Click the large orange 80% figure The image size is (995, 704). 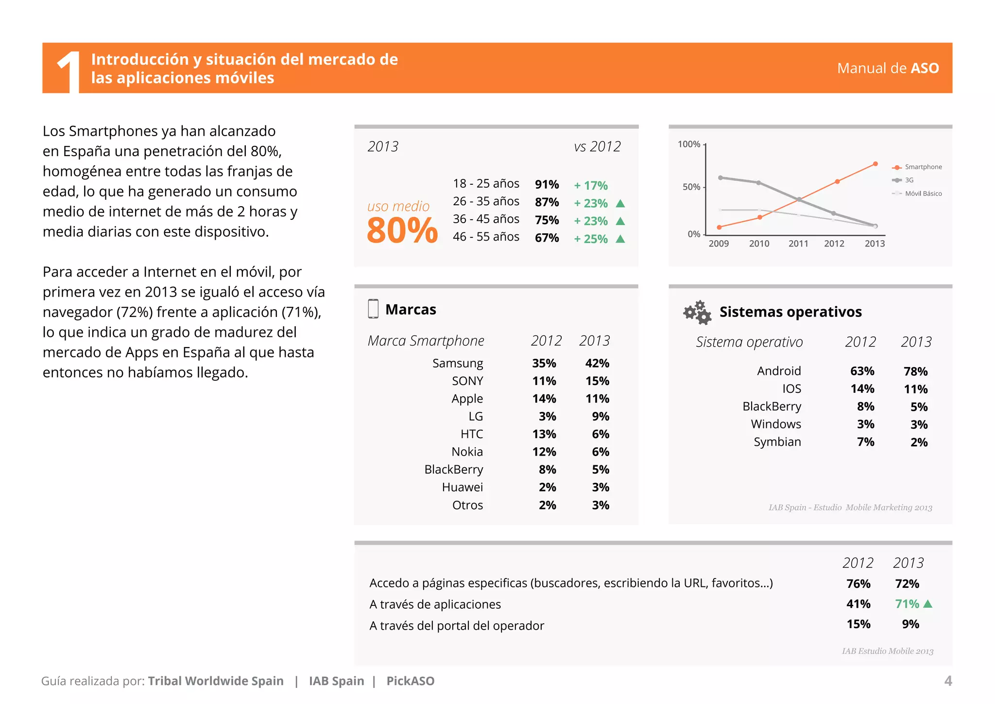(402, 230)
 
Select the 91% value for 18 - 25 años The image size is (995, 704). (547, 185)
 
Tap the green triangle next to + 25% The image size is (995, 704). (620, 239)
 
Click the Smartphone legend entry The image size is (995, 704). (923, 167)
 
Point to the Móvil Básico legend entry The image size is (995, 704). (923, 194)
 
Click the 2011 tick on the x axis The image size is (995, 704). (798, 244)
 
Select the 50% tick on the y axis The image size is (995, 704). (691, 187)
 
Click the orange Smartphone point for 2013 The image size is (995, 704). (875, 164)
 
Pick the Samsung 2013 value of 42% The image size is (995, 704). (597, 363)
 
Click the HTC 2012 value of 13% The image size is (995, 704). (544, 434)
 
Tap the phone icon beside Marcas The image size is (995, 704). (373, 309)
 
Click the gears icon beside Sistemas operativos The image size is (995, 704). (697, 312)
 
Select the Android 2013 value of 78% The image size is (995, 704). (915, 371)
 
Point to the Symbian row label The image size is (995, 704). (777, 442)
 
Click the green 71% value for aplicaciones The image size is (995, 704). (907, 604)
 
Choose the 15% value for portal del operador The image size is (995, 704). (858, 624)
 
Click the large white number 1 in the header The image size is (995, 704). (69, 72)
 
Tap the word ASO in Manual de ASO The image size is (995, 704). (925, 69)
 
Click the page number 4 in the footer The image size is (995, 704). (948, 681)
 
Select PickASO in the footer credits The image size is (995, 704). (410, 681)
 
